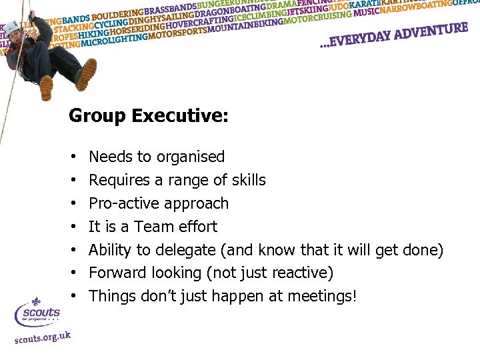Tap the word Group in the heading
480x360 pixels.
(x=98, y=116)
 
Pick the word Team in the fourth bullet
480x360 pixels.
(x=154, y=227)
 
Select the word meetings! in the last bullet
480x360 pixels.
(x=323, y=296)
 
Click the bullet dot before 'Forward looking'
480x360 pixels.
(x=73, y=273)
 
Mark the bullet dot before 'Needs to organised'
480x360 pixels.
(x=73, y=157)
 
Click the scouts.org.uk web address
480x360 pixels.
(x=43, y=336)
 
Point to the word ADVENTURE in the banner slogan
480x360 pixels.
(x=431, y=32)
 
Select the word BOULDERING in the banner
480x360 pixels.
(x=118, y=15)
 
